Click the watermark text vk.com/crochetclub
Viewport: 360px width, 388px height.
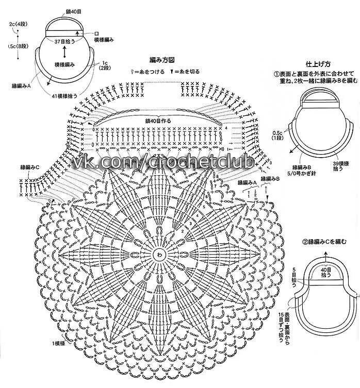[163, 163]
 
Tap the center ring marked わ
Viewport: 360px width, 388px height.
[159, 254]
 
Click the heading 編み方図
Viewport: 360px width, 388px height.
[161, 60]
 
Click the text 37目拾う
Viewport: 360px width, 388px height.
[66, 40]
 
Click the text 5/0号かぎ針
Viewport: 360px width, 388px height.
[303, 174]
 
